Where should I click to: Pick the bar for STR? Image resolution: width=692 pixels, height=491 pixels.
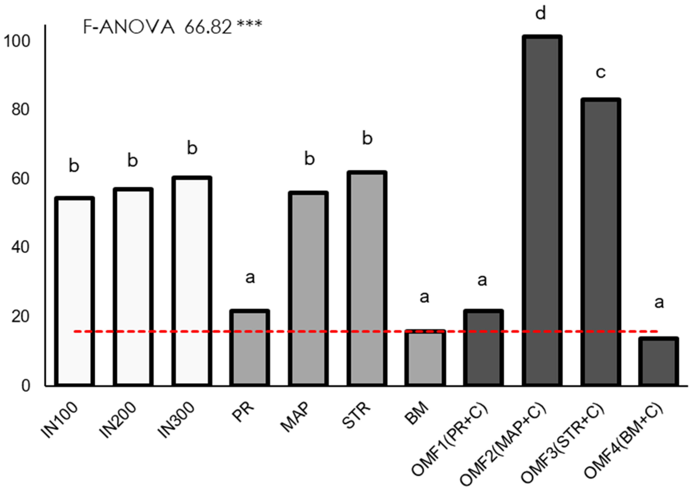[367, 278]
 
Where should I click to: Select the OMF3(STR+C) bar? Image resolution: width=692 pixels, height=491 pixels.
[600, 242]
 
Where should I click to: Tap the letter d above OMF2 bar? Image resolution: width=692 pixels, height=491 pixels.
[540, 14]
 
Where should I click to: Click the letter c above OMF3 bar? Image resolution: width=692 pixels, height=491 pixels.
[600, 73]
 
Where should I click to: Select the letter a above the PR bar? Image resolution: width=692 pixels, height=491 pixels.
[250, 277]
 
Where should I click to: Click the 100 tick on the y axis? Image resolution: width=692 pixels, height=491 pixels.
[17, 41]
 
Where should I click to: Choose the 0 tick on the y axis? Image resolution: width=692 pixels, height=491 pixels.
[26, 386]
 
